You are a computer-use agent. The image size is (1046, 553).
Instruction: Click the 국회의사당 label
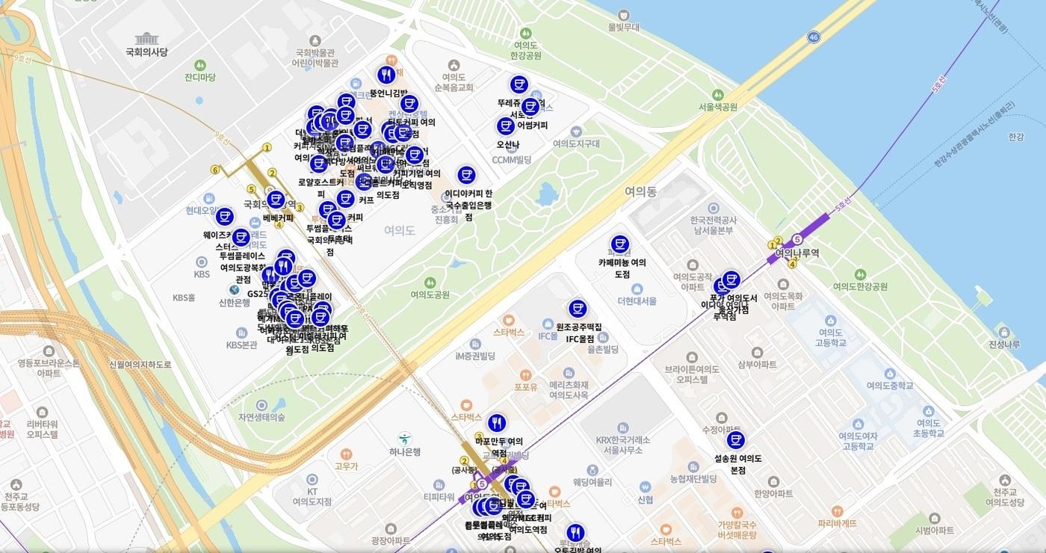coord(147,52)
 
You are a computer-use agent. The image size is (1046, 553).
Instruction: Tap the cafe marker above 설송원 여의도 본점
coord(736,439)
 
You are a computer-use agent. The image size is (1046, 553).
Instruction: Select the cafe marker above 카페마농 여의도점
coord(619,244)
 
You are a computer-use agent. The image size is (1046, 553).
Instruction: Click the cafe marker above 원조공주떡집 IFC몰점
coord(578,308)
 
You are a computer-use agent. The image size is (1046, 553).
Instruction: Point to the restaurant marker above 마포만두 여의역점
coord(497,423)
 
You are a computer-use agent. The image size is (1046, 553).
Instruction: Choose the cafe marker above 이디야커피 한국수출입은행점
coord(466,175)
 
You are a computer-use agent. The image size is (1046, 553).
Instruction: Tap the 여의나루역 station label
coord(796,253)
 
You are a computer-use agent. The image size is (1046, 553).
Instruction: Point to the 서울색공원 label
coord(717,107)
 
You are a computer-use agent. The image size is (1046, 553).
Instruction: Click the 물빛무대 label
coord(625,27)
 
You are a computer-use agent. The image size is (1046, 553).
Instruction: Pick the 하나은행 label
coord(404,451)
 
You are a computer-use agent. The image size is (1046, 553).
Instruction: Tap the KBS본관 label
coord(241,345)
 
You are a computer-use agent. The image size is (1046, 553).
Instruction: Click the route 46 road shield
coord(814,37)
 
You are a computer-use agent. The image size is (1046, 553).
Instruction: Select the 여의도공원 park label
coord(430,294)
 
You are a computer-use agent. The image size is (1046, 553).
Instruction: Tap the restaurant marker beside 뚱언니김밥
coord(386,75)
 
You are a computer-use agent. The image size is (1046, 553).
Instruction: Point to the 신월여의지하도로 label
coord(140,364)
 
